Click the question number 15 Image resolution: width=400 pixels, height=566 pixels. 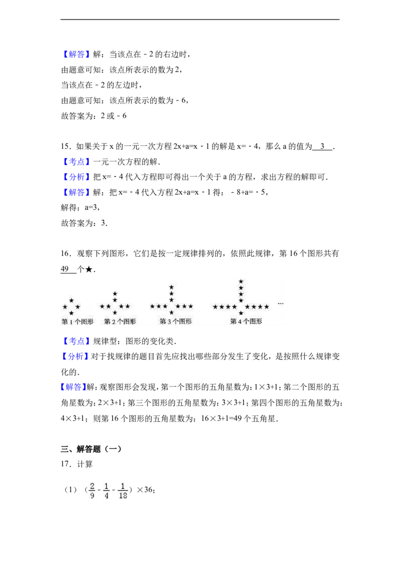coord(65,146)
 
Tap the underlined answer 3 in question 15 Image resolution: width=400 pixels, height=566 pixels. coord(322,146)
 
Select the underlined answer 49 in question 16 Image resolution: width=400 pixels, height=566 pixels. coord(65,269)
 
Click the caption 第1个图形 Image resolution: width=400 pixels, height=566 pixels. coord(77,321)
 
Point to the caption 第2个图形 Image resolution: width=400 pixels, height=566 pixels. coord(120,321)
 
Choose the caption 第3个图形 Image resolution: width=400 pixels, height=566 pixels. coord(175,321)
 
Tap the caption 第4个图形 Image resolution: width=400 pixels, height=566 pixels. coord(246,321)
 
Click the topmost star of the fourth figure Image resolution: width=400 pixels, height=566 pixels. coord(241,281)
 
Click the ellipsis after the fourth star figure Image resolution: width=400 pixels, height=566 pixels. coord(280,304)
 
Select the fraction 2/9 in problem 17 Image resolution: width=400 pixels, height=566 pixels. coord(92,490)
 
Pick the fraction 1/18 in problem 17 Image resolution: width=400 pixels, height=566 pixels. coord(122,490)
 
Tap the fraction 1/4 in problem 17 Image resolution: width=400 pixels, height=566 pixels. coord(106,490)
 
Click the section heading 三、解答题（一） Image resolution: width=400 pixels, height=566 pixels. coord(91,449)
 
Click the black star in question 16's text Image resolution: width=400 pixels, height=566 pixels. coord(89,269)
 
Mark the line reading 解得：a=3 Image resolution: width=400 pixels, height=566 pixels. coord(80,207)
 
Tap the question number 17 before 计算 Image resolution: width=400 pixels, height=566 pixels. coord(65,464)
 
